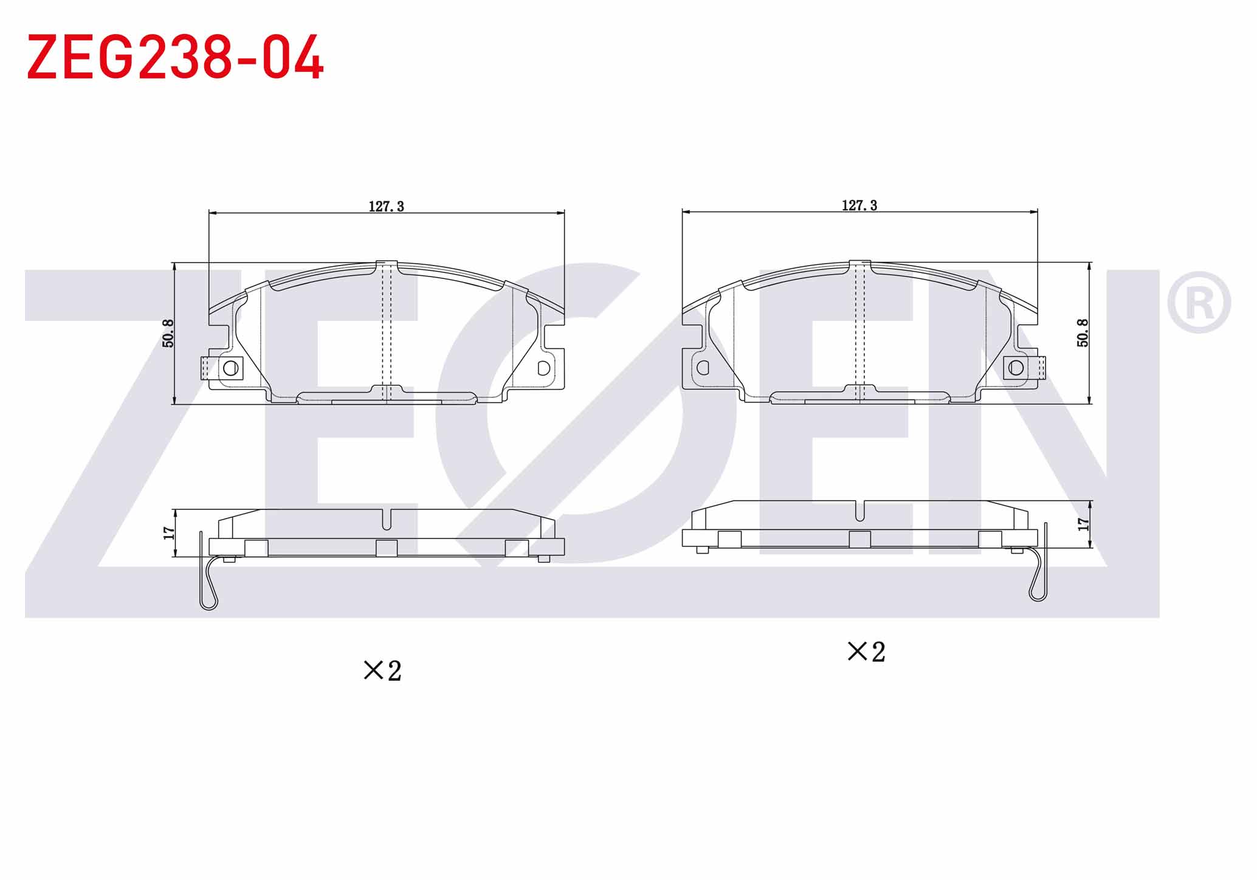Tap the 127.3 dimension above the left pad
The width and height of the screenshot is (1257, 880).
click(387, 207)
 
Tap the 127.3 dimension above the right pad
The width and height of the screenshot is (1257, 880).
click(859, 205)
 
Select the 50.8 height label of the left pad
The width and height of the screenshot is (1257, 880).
click(168, 334)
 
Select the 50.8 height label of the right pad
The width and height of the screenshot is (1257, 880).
click(1083, 333)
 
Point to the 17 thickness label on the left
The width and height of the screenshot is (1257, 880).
click(169, 533)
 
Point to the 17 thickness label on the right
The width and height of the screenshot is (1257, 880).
click(1083, 524)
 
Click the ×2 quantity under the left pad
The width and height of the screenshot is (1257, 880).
click(382, 671)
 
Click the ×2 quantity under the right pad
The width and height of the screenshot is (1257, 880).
click(866, 652)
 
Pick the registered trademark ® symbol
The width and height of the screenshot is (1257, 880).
click(1199, 302)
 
